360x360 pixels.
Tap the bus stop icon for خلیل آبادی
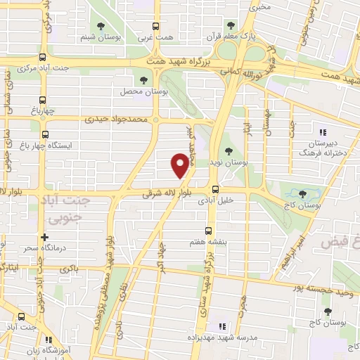tap(215, 188)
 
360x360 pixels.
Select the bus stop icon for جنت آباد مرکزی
tap(43, 58)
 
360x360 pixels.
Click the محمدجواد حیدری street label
tap(117, 120)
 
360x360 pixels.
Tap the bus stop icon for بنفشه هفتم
tap(207, 230)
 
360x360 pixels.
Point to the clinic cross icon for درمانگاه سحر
tap(44, 238)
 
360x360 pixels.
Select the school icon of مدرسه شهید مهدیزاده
tap(222, 326)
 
